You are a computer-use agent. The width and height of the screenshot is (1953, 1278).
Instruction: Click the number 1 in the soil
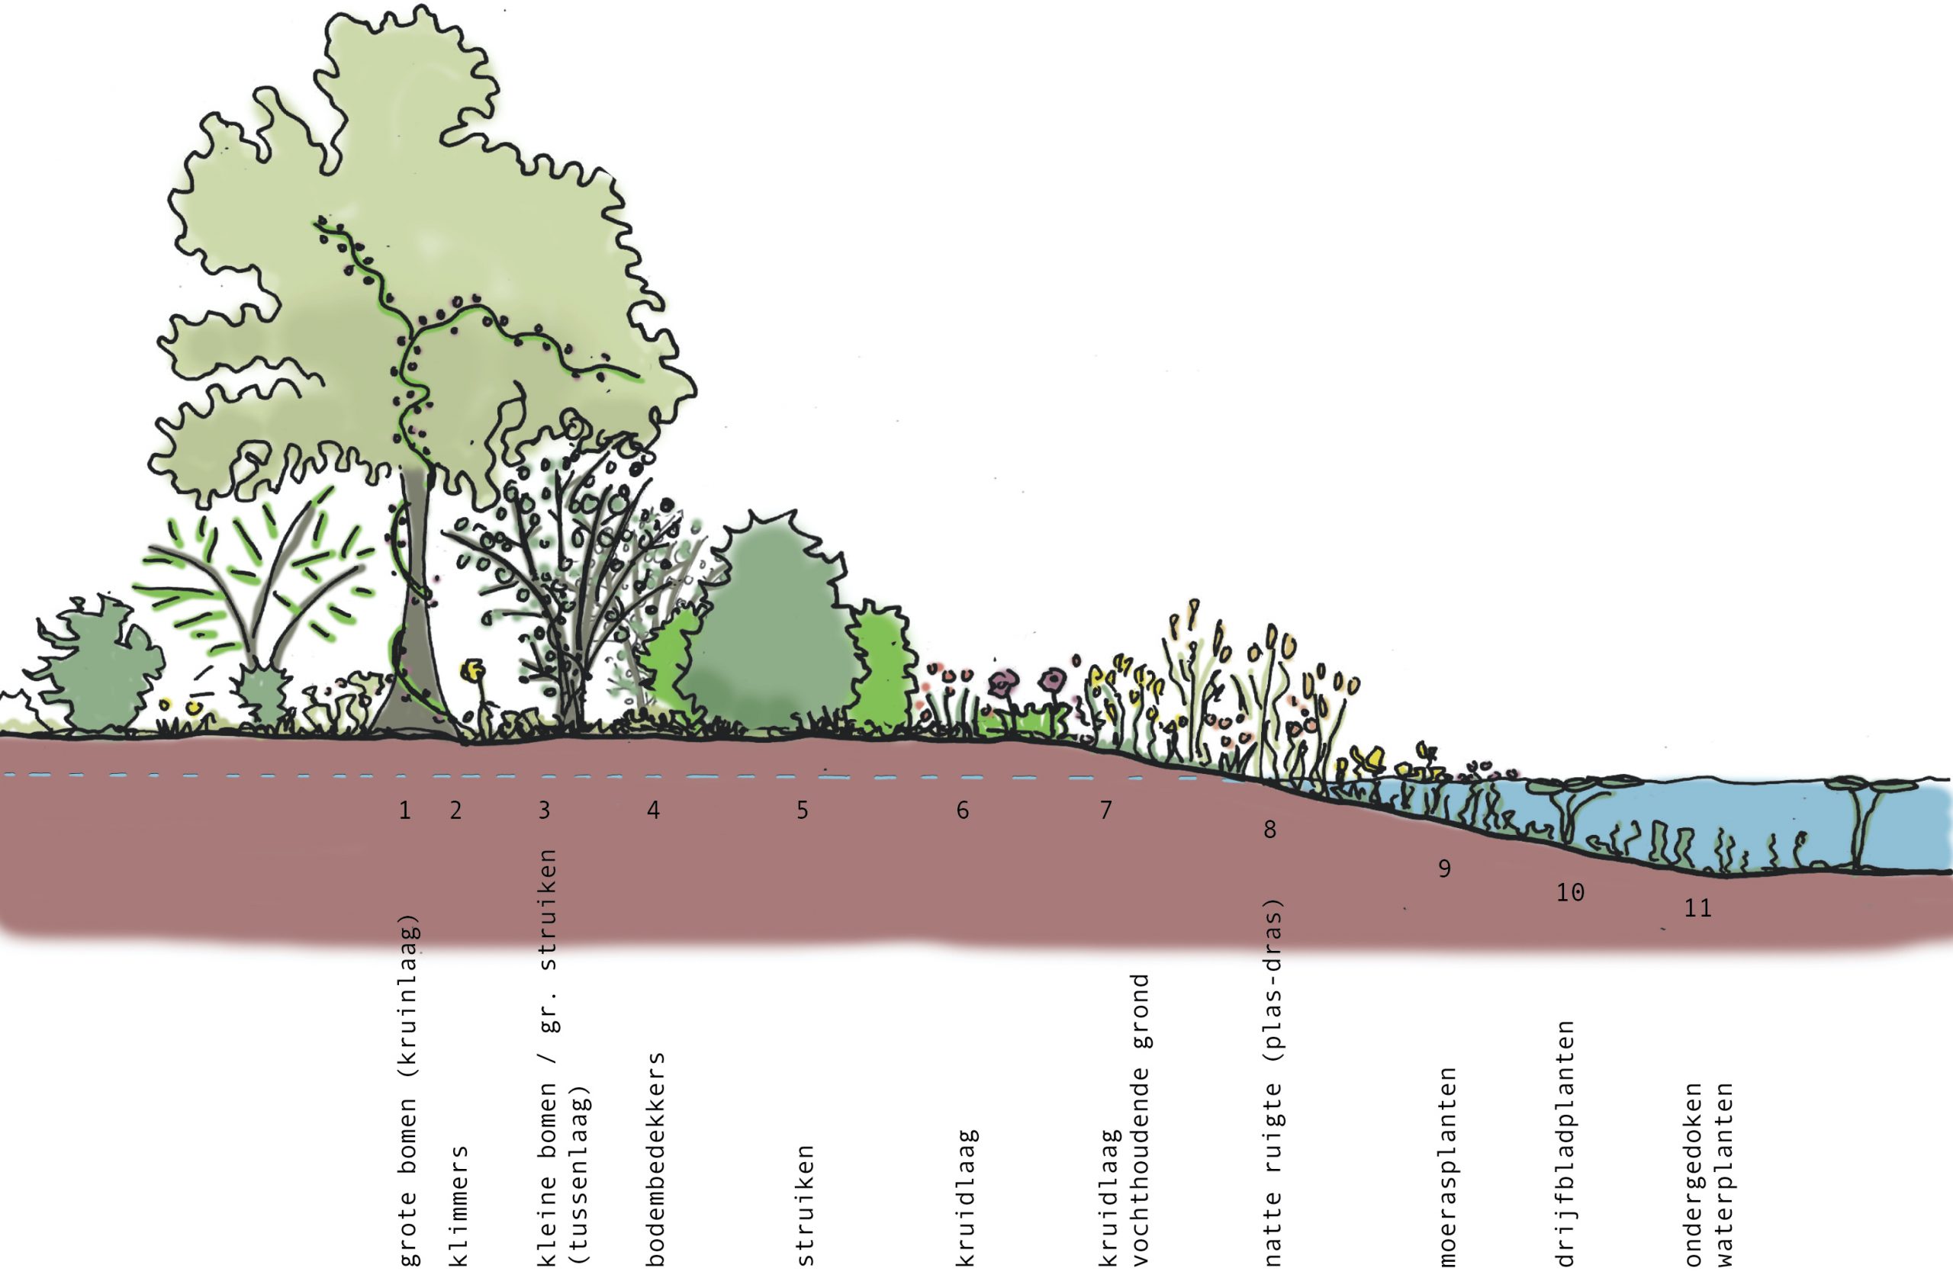[404, 811]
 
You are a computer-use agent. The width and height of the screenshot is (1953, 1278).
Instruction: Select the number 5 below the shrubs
[803, 811]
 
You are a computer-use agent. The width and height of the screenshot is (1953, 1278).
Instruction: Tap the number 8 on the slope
[1269, 830]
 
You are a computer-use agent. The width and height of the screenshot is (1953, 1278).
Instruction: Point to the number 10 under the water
[1570, 892]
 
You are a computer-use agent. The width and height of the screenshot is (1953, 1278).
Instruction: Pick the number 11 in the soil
[1697, 908]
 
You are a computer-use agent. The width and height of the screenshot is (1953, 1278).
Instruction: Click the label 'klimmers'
[458, 1205]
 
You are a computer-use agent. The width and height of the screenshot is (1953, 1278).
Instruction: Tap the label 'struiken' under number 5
[805, 1205]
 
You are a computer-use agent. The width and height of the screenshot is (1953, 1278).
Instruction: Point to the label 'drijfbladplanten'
[1565, 1143]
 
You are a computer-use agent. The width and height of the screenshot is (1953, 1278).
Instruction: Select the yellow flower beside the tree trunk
[471, 671]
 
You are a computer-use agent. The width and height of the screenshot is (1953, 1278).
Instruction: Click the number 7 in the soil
[1106, 811]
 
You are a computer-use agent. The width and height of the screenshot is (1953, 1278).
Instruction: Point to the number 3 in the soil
[544, 811]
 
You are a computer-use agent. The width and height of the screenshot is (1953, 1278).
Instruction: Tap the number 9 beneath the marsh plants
[1444, 869]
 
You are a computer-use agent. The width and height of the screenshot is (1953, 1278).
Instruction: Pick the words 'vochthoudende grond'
[1141, 1119]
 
